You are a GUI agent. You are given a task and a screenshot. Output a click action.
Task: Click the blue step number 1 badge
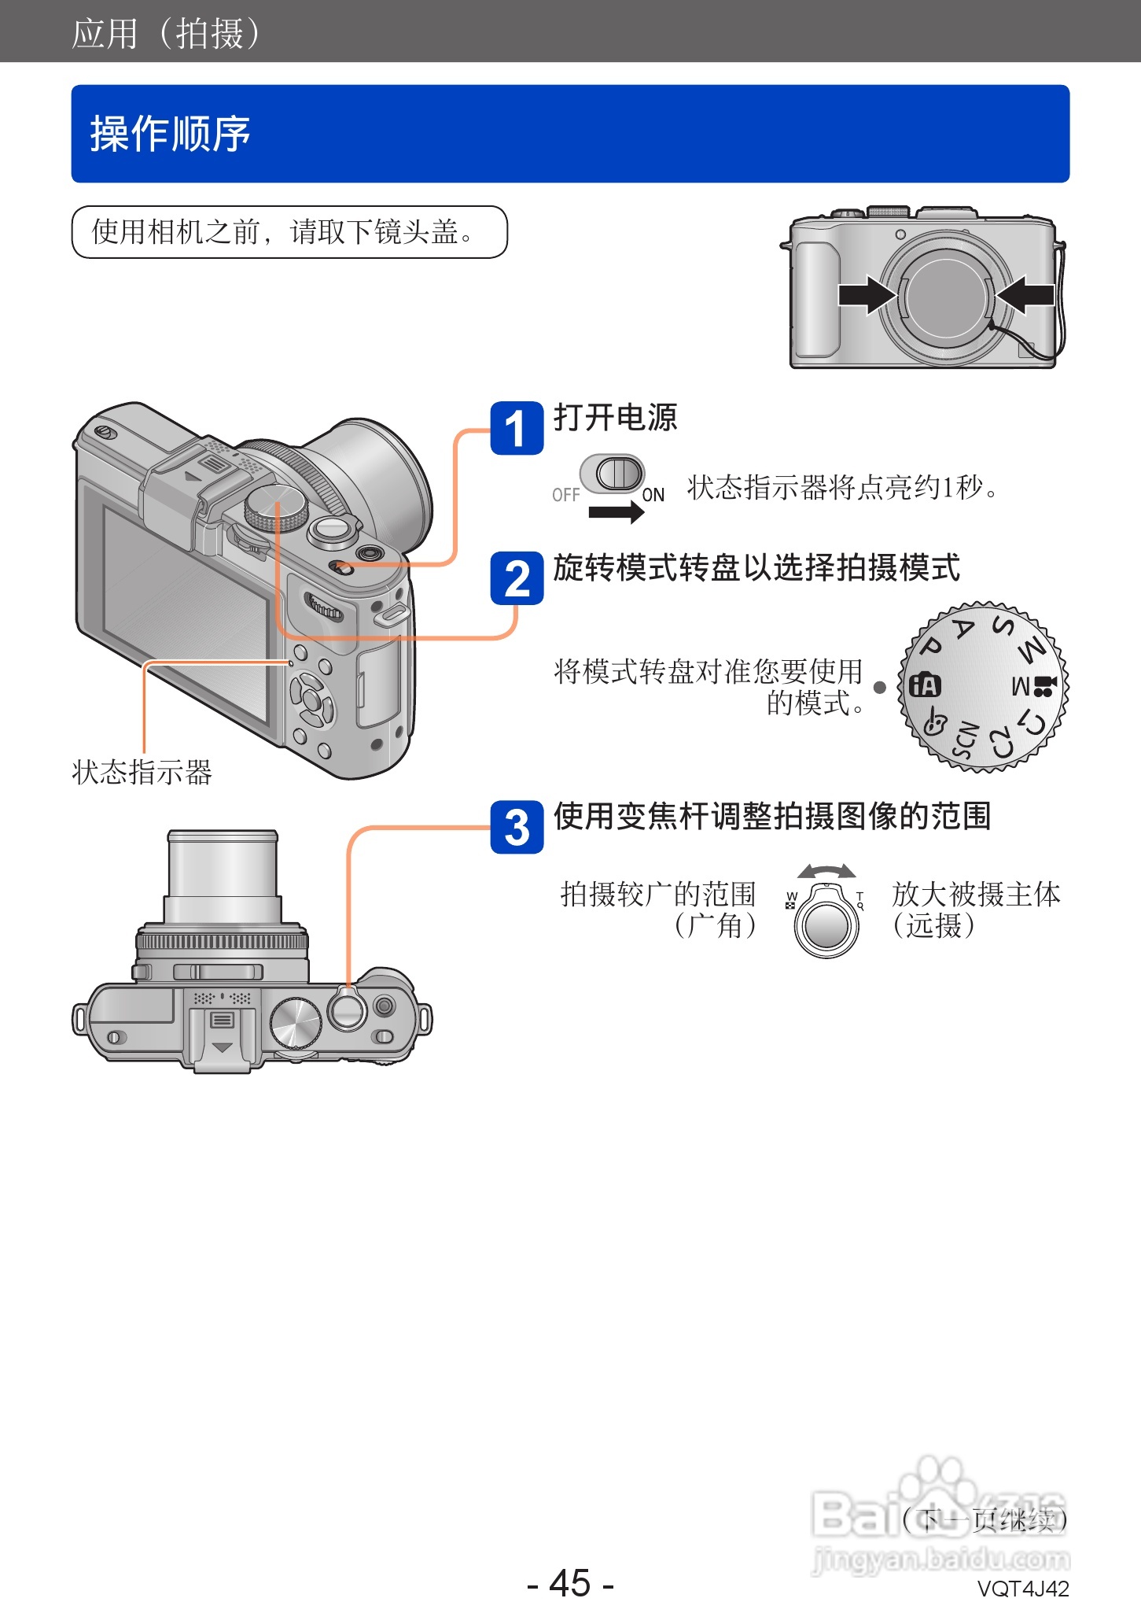point(517,429)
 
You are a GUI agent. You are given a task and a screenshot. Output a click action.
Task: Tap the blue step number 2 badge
point(517,579)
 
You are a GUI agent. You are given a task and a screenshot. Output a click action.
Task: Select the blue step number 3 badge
point(517,828)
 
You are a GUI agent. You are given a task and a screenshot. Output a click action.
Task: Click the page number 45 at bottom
point(570,1582)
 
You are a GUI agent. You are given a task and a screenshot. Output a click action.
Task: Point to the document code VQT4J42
point(1022,1589)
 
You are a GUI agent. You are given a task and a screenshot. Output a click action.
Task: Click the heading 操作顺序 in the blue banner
point(171,134)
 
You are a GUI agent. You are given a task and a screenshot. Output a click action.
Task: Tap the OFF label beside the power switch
point(565,495)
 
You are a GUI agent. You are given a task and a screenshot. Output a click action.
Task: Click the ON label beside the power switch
point(653,495)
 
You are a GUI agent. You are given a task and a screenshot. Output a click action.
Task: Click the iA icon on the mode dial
point(925,685)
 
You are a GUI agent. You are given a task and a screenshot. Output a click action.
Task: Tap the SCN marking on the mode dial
point(966,740)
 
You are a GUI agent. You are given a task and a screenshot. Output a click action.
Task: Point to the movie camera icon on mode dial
point(1043,686)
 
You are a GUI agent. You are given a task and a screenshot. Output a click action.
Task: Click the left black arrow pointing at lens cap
point(866,295)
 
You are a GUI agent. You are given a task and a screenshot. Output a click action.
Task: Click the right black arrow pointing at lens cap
point(1025,295)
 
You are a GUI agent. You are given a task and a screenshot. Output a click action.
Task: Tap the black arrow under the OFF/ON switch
point(616,512)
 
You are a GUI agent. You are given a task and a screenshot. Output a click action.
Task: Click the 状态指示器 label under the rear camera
point(142,773)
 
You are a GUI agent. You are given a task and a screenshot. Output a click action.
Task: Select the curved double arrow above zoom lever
point(826,871)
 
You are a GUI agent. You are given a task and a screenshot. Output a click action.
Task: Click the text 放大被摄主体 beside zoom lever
point(976,895)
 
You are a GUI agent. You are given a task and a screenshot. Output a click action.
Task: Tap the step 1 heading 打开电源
point(615,418)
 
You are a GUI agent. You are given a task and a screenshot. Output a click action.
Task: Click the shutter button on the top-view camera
point(347,1011)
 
